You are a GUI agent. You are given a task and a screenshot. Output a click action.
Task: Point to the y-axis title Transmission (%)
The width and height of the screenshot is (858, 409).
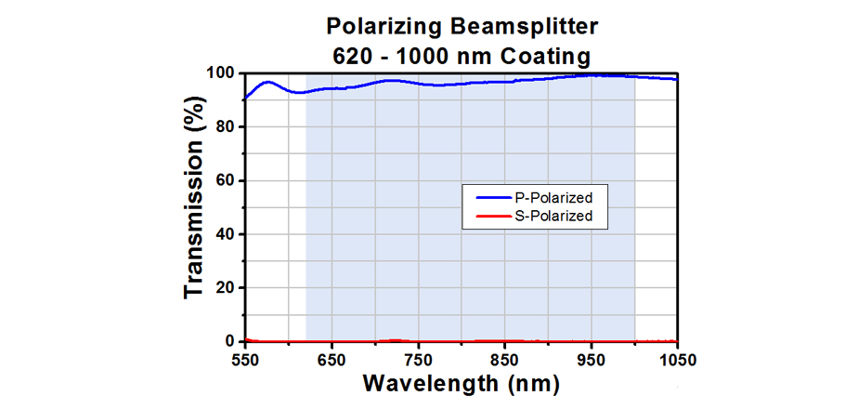[193, 205]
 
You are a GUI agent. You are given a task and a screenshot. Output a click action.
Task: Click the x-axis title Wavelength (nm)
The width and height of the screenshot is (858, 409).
[461, 383]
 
